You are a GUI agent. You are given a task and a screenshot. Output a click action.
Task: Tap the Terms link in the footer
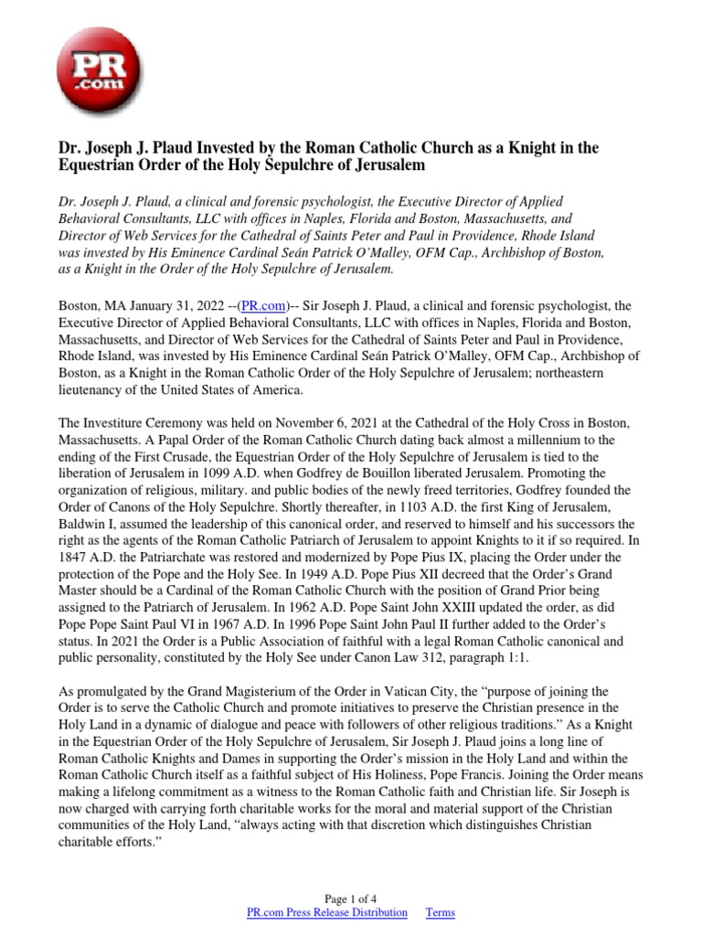(x=441, y=912)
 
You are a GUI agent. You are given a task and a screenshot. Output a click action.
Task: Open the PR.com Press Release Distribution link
(x=327, y=912)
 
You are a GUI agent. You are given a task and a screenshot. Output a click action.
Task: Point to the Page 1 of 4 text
(x=350, y=898)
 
